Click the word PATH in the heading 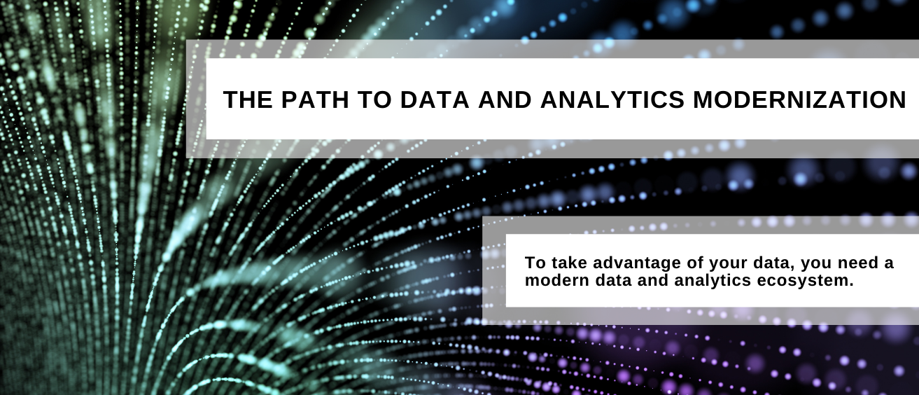point(308,100)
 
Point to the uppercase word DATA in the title point(435,100)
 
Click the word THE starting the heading point(247,100)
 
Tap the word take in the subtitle point(566,263)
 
